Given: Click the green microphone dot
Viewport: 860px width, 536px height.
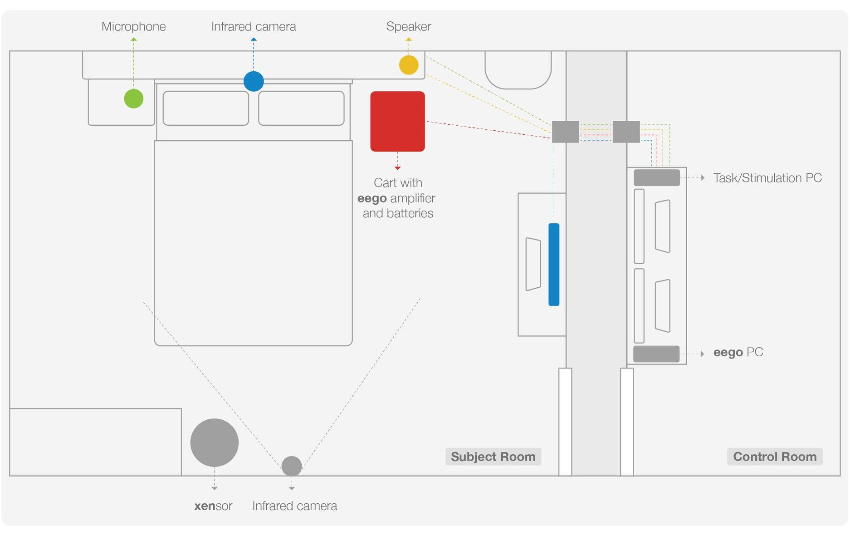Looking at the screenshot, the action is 134,98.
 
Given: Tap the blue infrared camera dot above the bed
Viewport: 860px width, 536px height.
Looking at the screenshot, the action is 254,81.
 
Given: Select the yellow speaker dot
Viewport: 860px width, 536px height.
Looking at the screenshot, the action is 409,65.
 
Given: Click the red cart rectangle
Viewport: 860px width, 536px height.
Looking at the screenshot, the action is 398,121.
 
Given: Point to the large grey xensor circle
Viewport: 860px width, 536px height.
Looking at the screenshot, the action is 215,443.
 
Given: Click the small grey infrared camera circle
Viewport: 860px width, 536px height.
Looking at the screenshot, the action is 292,466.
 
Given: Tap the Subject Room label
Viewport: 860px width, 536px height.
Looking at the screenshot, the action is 493,457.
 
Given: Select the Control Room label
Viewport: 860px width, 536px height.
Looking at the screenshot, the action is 775,457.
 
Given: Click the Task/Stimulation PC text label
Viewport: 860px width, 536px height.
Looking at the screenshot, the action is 767,178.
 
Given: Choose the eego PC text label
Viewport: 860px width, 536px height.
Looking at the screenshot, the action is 738,352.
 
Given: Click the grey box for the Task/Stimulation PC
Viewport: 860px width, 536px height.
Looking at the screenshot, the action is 657,177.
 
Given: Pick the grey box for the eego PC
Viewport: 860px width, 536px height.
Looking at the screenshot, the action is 656,354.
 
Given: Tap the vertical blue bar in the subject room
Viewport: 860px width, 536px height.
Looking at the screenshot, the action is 554,265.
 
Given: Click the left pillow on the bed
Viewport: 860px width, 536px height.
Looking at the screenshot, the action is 206,108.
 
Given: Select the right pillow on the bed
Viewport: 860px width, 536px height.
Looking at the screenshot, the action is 301,108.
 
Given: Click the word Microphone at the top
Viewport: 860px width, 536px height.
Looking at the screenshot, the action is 134,27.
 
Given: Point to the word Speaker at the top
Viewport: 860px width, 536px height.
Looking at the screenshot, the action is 409,27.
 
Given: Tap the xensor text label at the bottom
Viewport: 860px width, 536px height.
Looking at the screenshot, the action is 213,506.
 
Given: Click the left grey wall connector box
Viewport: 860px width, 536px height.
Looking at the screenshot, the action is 565,132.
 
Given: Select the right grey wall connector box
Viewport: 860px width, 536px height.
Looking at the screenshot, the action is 626,132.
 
